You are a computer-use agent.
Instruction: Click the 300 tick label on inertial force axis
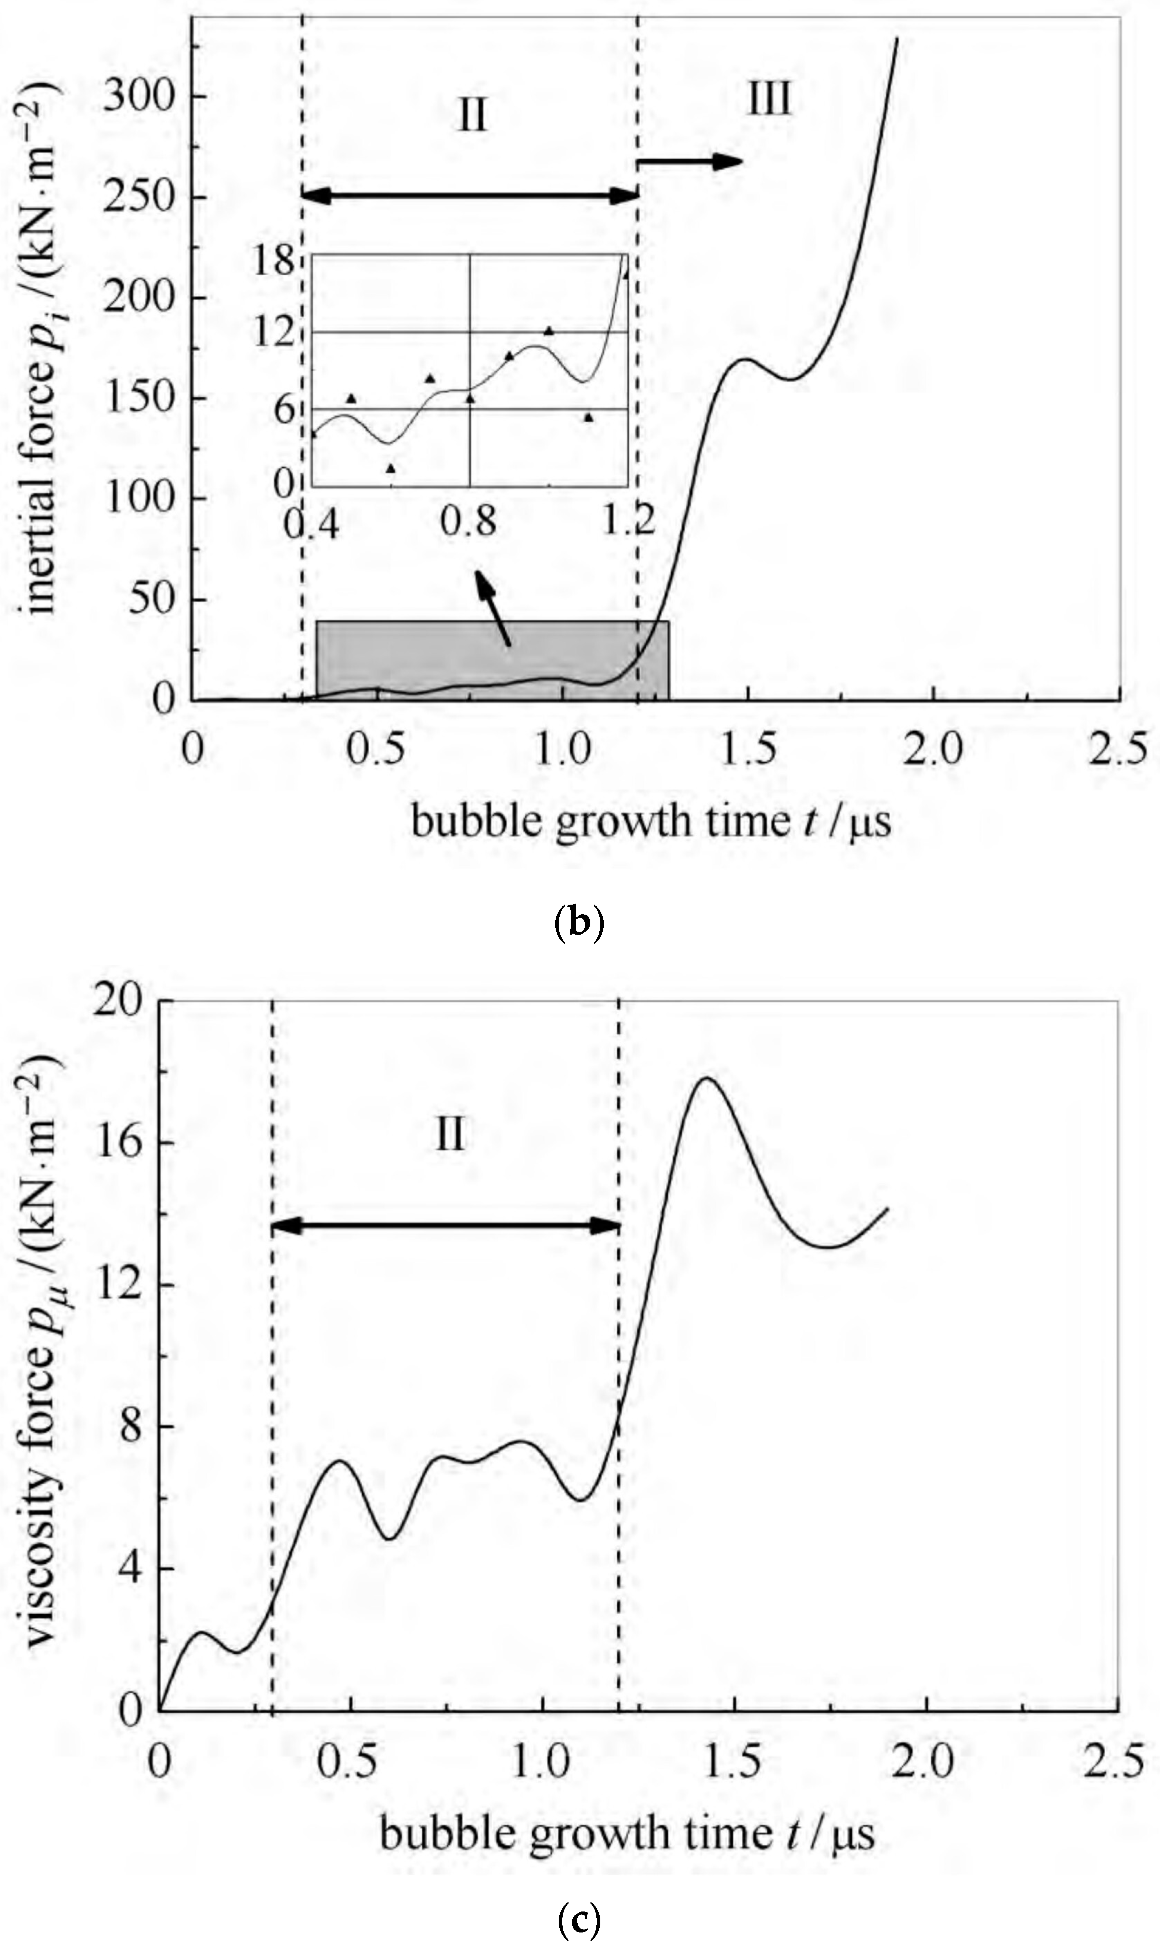[x=139, y=96]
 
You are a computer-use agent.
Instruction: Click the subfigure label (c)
[x=579, y=1918]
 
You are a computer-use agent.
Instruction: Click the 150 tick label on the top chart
[x=139, y=397]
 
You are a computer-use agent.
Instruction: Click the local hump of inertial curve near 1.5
[x=746, y=360]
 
